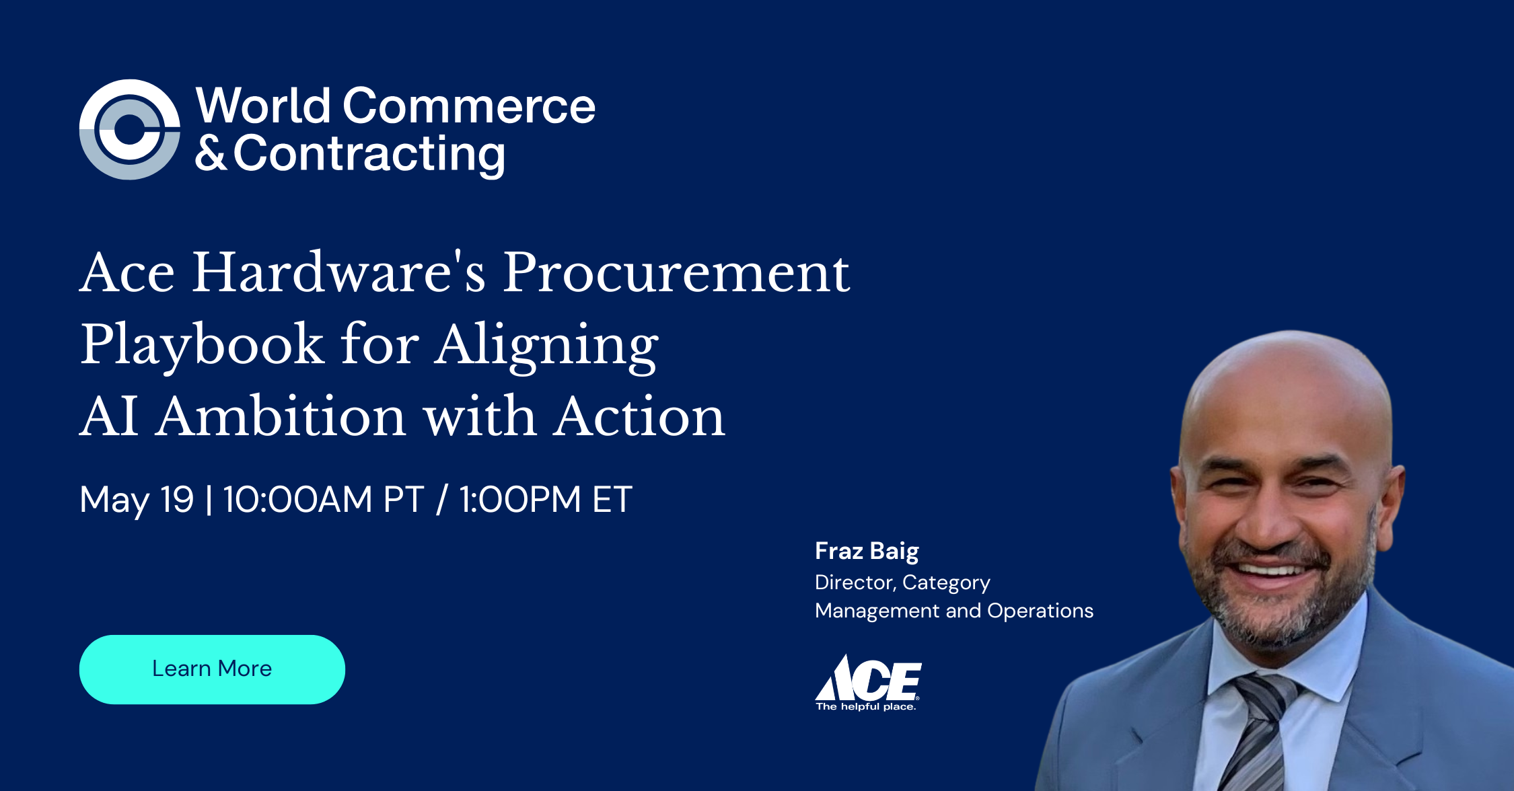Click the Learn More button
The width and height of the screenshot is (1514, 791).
pyautogui.click(x=212, y=669)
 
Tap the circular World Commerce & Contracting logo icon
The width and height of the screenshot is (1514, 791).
pyautogui.click(x=129, y=130)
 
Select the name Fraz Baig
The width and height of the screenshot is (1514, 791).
pyautogui.click(x=867, y=551)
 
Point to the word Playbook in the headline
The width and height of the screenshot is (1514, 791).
pyautogui.click(x=202, y=344)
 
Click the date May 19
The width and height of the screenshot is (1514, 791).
pyautogui.click(x=137, y=500)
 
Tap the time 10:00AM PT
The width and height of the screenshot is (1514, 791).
pyautogui.click(x=323, y=500)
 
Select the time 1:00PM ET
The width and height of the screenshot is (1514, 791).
pyautogui.click(x=546, y=500)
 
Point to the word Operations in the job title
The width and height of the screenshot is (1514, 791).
pyautogui.click(x=1040, y=611)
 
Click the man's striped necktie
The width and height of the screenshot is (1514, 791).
pyautogui.click(x=1258, y=733)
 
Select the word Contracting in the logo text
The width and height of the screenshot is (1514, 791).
pyautogui.click(x=369, y=154)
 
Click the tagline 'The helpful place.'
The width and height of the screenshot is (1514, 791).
pyautogui.click(x=866, y=707)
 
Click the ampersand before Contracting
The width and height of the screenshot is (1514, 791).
pyautogui.click(x=211, y=154)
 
